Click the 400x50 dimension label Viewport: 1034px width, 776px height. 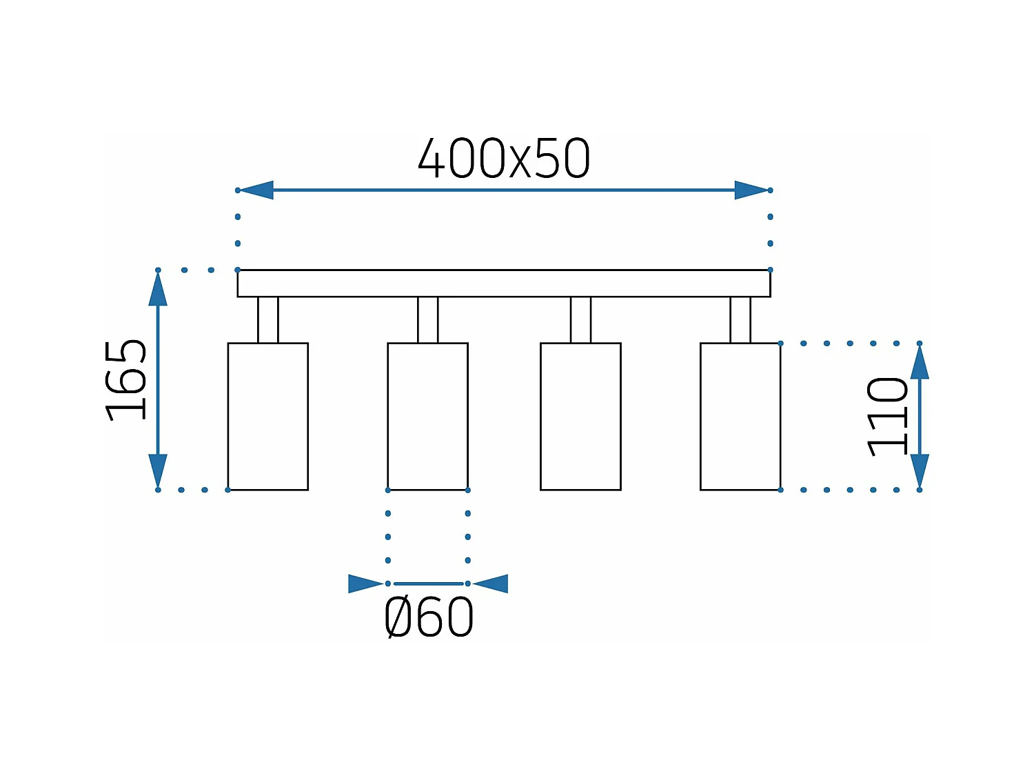pyautogui.click(x=504, y=159)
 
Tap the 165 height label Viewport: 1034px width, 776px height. pyautogui.click(x=127, y=380)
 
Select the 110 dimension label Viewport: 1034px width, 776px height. pyautogui.click(x=887, y=417)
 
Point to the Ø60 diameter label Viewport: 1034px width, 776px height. pyautogui.click(x=429, y=617)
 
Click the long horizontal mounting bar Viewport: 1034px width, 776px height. pyautogui.click(x=504, y=283)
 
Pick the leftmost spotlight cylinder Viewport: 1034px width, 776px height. pyautogui.click(x=268, y=417)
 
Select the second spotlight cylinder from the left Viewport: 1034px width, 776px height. pyautogui.click(x=428, y=417)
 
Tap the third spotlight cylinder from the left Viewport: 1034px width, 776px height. pyautogui.click(x=580, y=417)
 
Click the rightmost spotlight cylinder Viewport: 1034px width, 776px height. pyautogui.click(x=740, y=417)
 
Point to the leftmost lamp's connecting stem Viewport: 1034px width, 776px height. pyautogui.click(x=268, y=320)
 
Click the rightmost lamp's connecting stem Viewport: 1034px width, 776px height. pyautogui.click(x=740, y=320)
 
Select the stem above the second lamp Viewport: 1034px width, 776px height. pyautogui.click(x=428, y=320)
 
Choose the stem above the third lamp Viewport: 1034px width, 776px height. pyautogui.click(x=580, y=320)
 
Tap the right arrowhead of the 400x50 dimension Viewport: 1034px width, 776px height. pyautogui.click(x=751, y=190)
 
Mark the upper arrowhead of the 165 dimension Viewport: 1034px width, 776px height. pyautogui.click(x=158, y=290)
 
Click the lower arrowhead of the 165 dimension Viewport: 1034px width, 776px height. pyautogui.click(x=158, y=470)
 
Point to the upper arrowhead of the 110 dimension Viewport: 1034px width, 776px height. pyautogui.click(x=920, y=363)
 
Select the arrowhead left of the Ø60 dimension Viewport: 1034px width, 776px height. pyautogui.click(x=365, y=584)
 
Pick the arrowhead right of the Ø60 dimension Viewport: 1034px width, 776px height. pyautogui.click(x=491, y=584)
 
